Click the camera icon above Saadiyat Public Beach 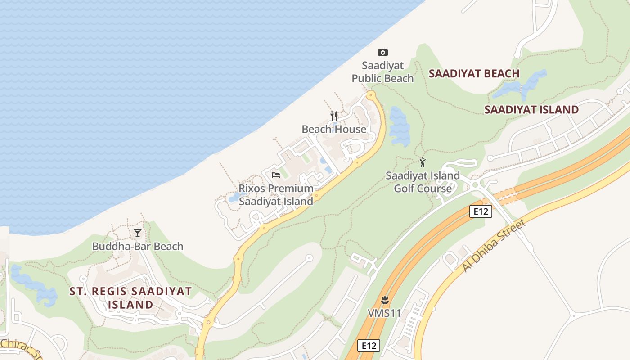click(382, 52)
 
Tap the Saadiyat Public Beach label click(382, 72)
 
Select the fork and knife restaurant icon click(334, 116)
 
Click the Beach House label click(334, 129)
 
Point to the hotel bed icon click(276, 175)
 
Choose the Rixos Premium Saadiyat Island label click(276, 195)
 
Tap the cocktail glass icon click(138, 233)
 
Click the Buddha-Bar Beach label click(138, 246)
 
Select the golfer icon click(423, 162)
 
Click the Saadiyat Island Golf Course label click(423, 182)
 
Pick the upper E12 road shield click(481, 211)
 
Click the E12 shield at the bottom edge click(369, 346)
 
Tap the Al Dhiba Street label click(494, 246)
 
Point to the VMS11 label click(384, 313)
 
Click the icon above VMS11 click(384, 300)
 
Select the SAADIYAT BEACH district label click(474, 73)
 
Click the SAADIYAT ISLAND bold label click(531, 109)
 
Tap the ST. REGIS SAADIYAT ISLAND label click(130, 298)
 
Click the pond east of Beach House click(400, 126)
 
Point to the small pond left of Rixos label click(234, 198)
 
